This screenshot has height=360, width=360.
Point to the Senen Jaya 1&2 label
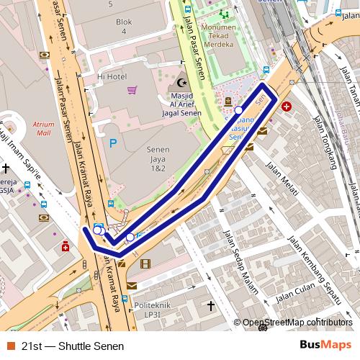[156, 158]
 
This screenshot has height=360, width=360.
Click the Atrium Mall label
[43, 128]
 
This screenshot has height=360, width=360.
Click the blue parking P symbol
[112, 143]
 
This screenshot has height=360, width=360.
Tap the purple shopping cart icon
[132, 90]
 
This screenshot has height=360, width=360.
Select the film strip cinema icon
[146, 264]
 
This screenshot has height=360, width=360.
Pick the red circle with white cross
[287, 107]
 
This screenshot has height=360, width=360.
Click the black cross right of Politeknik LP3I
[211, 307]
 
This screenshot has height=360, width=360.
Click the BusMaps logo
[325, 345]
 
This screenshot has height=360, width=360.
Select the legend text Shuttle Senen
[86, 346]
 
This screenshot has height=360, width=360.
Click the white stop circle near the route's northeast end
[239, 110]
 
